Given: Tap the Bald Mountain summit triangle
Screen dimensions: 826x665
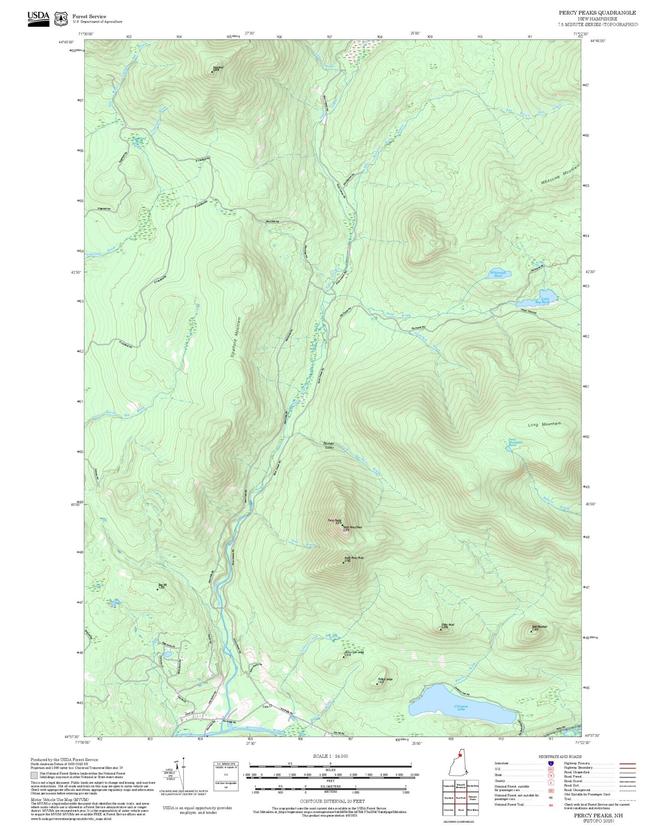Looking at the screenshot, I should (x=531, y=631).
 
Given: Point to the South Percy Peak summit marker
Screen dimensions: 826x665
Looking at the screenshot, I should (x=343, y=563).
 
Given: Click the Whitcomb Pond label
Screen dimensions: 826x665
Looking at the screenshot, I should (x=497, y=273).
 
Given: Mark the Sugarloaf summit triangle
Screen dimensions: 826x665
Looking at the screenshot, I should (x=212, y=71).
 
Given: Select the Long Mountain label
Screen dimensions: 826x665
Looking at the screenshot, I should (x=544, y=424).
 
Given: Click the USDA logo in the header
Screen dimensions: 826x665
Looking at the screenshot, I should (x=38, y=18).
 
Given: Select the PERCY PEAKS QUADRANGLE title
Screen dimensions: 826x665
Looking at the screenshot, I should (x=597, y=13).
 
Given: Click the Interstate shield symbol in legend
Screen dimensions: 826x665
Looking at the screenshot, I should (x=551, y=763).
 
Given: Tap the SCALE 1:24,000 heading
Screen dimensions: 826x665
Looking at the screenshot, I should (x=330, y=756).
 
